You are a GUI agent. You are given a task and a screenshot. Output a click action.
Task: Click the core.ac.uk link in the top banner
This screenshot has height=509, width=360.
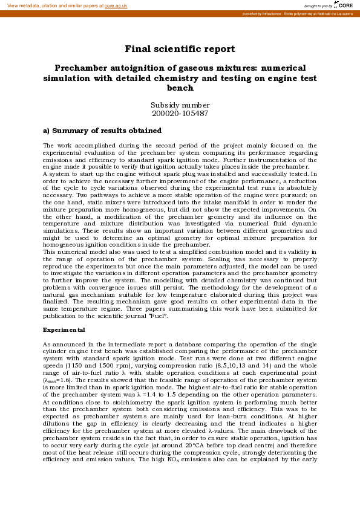click(116, 5)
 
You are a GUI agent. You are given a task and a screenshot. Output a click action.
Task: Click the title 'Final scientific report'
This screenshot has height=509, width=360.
click(180, 49)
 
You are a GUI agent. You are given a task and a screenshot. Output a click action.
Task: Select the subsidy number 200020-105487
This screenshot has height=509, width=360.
click(180, 113)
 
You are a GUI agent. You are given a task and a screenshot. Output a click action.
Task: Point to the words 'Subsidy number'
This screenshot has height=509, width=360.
click(180, 105)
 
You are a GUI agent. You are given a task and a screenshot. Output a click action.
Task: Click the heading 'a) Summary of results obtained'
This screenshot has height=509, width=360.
click(102, 131)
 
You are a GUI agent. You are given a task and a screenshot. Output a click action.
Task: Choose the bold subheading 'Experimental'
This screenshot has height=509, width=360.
click(64, 330)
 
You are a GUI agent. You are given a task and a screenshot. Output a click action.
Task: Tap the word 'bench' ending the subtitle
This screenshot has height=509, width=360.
click(180, 88)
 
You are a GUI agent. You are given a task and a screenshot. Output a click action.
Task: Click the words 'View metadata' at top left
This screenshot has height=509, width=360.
click(24, 5)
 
